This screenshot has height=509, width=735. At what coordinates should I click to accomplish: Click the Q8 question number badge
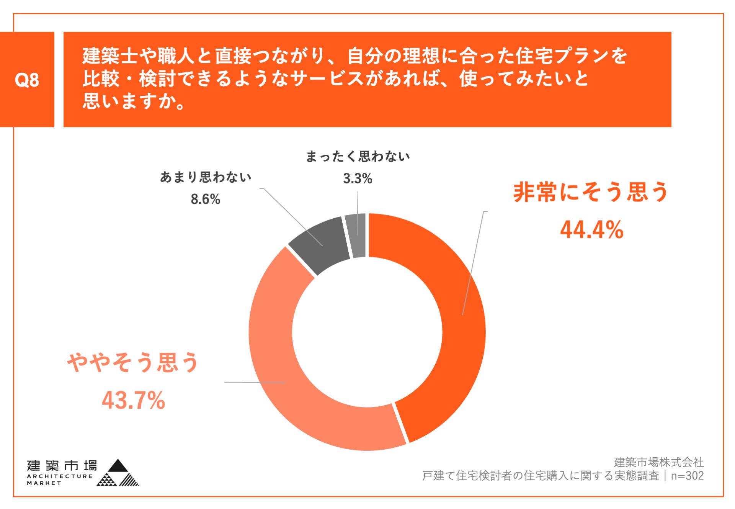pyautogui.click(x=27, y=80)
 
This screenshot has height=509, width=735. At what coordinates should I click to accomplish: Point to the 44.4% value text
pyautogui.click(x=591, y=230)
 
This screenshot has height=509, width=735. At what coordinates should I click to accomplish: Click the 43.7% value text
pyautogui.click(x=133, y=400)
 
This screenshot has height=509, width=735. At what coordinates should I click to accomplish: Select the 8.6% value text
pyautogui.click(x=206, y=199)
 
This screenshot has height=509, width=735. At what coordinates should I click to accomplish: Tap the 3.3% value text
pyautogui.click(x=358, y=178)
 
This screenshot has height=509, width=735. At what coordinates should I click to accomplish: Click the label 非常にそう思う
pyautogui.click(x=590, y=192)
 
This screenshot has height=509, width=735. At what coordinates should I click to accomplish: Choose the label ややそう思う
pyautogui.click(x=133, y=362)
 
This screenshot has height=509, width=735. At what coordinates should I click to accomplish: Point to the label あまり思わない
pyautogui.click(x=206, y=177)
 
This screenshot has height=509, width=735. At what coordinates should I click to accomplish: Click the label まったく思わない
pyautogui.click(x=358, y=156)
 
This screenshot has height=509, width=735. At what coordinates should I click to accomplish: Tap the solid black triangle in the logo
pyautogui.click(x=118, y=466)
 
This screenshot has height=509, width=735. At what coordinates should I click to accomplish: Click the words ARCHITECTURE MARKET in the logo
pyautogui.click(x=59, y=480)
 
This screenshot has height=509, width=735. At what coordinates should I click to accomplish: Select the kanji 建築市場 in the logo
pyautogui.click(x=62, y=466)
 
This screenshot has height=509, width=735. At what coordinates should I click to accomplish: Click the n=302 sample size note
pyautogui.click(x=687, y=476)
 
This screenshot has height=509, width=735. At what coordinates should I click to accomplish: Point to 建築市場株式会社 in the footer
pyautogui.click(x=658, y=462)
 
